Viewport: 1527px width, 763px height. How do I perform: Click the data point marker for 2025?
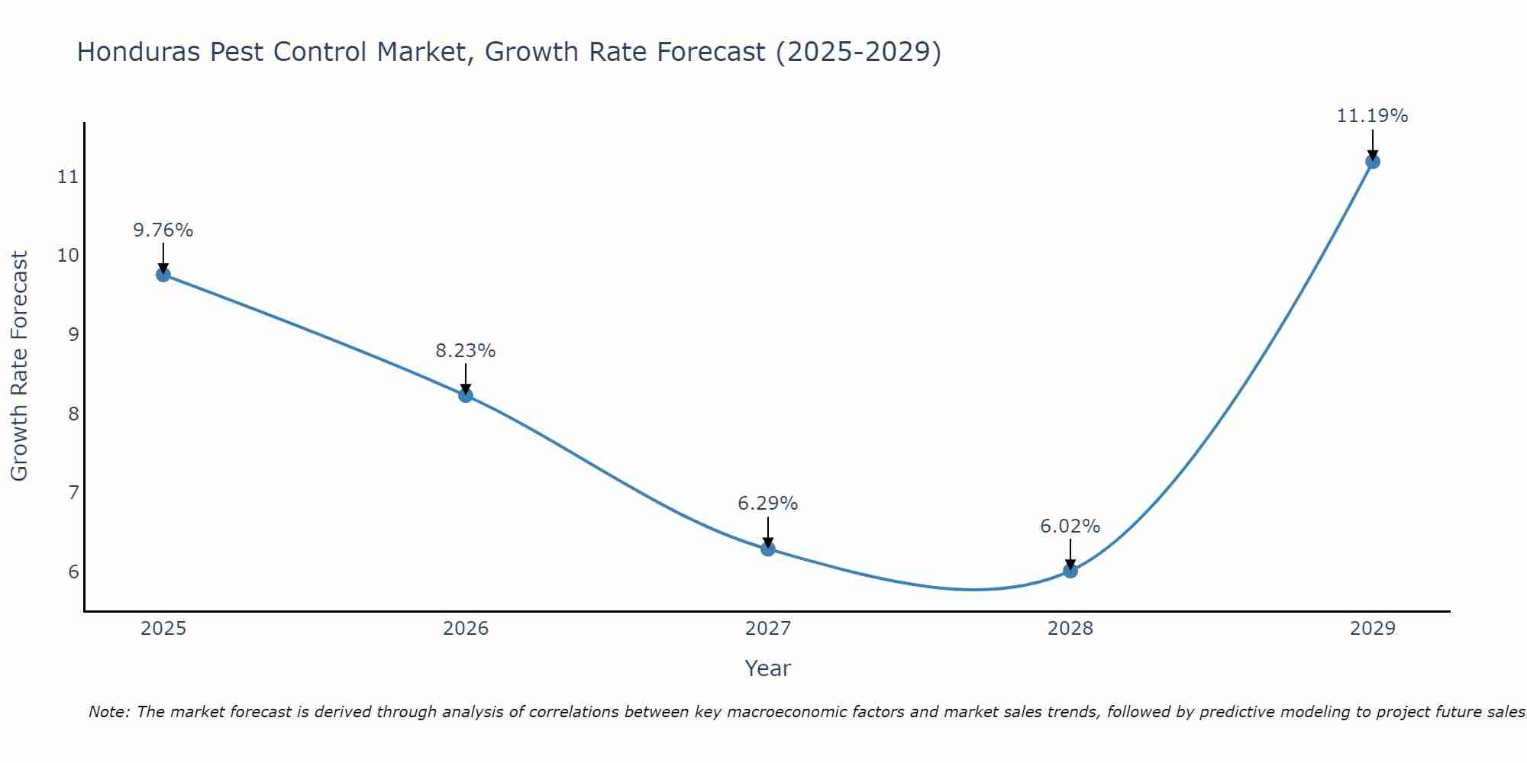163,275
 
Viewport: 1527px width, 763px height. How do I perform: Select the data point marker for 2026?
466,395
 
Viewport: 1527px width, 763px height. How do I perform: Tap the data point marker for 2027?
768,549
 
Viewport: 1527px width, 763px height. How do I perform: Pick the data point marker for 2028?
1070,570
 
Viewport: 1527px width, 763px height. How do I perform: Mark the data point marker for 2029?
1373,162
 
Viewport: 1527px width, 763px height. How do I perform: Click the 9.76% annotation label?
163,230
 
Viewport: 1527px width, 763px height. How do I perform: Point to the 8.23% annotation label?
466,351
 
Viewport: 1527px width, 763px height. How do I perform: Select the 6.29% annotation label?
768,504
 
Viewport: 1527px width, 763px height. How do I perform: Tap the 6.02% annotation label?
1070,526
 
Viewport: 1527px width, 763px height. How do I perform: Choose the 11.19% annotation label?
1372,116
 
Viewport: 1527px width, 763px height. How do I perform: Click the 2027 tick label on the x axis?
768,629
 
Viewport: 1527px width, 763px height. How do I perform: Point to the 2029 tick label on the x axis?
1373,629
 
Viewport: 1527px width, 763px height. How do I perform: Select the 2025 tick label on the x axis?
163,629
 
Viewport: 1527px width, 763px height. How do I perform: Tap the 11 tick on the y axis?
68,177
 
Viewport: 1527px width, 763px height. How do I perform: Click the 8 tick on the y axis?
73,414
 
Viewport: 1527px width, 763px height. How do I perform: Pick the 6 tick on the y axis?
73,571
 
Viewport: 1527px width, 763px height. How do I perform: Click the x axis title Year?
768,668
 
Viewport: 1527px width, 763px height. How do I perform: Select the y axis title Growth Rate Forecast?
20,366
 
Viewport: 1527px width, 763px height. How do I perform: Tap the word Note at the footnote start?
109,712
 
